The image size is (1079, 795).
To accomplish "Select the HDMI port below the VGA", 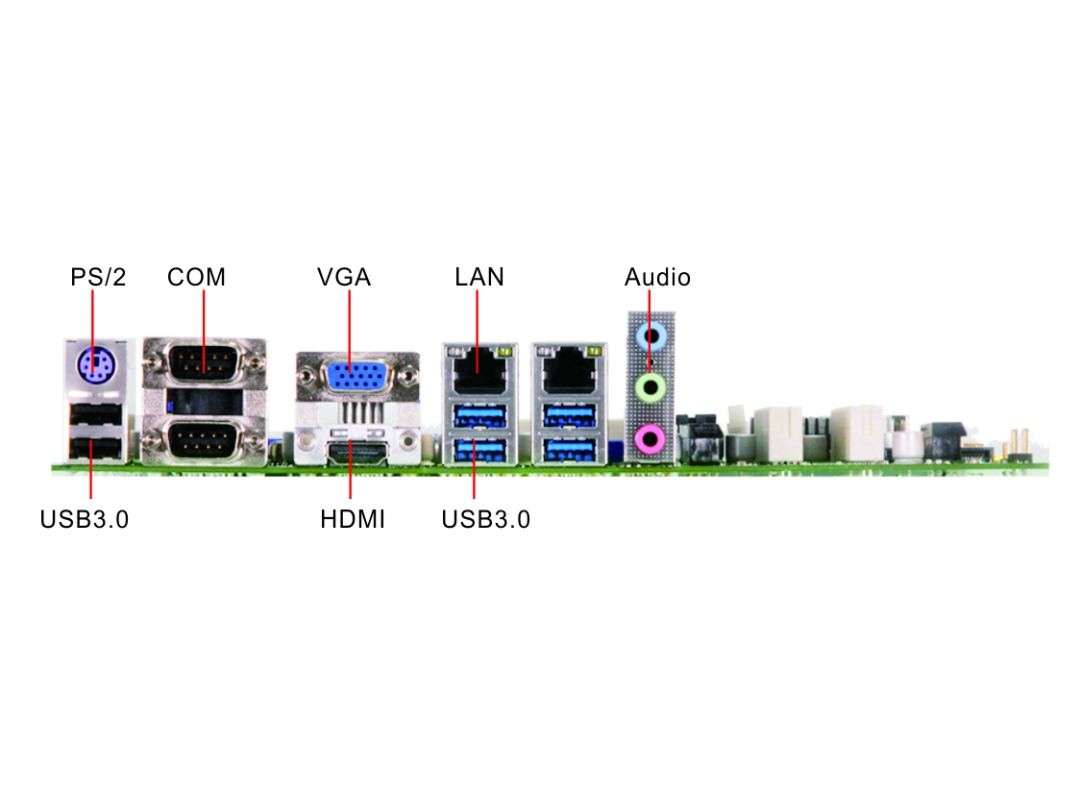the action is tap(357, 454).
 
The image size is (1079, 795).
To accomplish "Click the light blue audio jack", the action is tap(650, 337).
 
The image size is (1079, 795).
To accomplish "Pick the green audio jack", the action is tap(650, 386).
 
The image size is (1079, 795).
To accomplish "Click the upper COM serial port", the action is tap(204, 362).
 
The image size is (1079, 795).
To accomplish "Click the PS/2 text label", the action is tap(98, 277).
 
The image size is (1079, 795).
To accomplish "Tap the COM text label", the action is tap(196, 277).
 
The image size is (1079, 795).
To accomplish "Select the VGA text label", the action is tap(344, 277).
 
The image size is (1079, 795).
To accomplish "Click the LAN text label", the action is tap(479, 277).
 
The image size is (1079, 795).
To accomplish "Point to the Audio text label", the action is tap(657, 277).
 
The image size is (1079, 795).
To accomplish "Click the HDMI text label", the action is tap(353, 519).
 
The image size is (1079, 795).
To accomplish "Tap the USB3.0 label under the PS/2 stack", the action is tap(84, 519).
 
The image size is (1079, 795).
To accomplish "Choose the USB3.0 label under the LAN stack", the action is tap(486, 519).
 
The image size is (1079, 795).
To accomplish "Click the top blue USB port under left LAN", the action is tap(479, 416).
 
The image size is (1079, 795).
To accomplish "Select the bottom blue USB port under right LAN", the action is tap(569, 450).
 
